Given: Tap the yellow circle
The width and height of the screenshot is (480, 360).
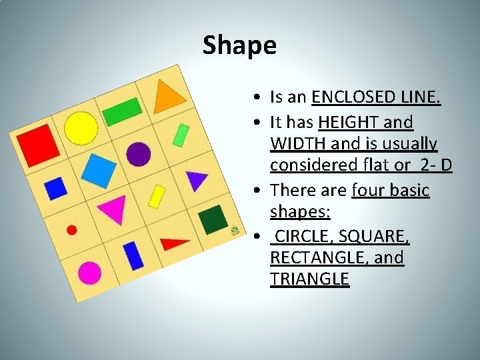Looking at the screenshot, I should [81, 126].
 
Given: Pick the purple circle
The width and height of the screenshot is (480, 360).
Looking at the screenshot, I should [138, 153].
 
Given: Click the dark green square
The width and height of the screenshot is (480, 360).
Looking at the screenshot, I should [213, 219].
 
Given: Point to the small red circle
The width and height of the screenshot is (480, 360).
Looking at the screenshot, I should [72, 230].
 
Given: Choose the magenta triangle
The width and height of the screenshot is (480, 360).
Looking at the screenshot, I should [113, 209].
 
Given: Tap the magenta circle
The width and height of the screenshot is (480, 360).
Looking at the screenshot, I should [89, 272].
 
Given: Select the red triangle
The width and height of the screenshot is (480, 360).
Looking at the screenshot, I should [174, 243].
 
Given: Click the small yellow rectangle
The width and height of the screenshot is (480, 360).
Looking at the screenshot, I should [157, 196].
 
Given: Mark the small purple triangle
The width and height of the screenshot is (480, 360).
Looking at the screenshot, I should [195, 179].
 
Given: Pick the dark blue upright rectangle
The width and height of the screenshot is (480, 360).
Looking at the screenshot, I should [133, 255].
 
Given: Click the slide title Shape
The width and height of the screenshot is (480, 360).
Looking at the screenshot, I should [239, 45].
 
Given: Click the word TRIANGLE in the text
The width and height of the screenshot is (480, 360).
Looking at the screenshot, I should [309, 279].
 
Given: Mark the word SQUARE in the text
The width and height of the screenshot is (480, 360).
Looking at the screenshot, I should [374, 235].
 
